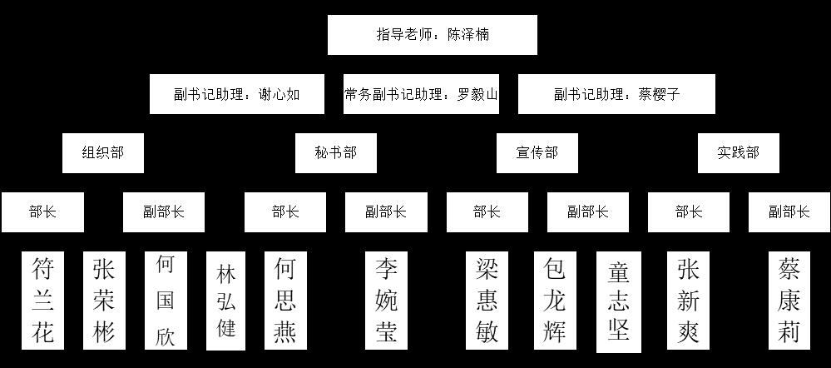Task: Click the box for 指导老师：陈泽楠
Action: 432,35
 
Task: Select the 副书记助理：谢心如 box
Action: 236,94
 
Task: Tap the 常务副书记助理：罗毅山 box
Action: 421,94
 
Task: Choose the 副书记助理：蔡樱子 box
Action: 616,94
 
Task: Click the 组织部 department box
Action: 102,153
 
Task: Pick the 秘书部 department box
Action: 335,153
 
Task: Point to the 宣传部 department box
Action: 537,153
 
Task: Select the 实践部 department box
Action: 739,153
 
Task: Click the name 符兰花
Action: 42,301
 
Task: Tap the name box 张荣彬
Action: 104,301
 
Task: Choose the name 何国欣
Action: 165,301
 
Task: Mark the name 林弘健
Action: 226,301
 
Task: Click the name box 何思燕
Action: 284,301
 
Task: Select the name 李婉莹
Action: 385,301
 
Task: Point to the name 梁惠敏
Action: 487,301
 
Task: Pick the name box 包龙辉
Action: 554,301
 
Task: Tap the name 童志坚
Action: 618,301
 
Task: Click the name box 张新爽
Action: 688,301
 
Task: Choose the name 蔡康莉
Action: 789,301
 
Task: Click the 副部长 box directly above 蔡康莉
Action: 789,212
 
